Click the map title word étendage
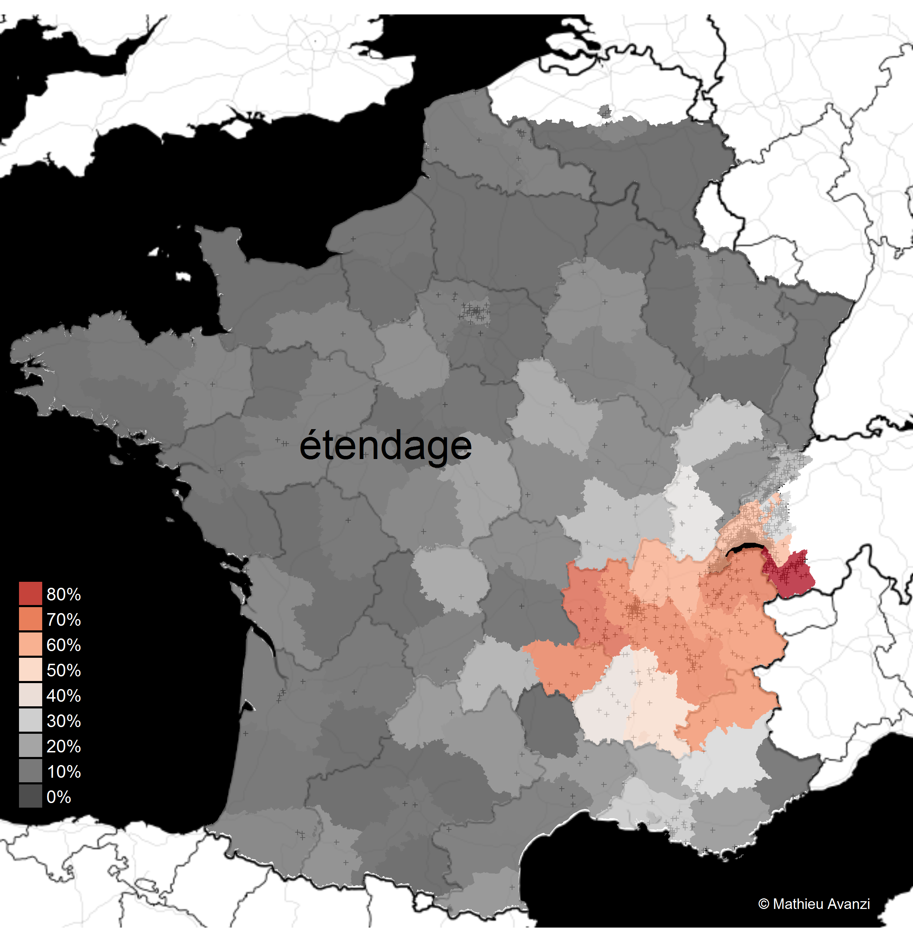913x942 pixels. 385,446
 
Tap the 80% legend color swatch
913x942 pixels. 30,593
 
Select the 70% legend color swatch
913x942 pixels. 30,619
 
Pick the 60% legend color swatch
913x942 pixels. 30,644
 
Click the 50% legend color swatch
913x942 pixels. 30,670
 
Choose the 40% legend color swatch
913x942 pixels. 30,695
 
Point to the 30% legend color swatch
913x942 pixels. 30,721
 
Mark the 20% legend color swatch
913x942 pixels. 30,746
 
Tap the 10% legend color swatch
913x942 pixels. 30,772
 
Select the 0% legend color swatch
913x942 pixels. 30,797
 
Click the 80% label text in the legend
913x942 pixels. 63,594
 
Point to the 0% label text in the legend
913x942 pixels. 59,797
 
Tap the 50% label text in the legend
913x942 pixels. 63,670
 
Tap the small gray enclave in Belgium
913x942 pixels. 606,112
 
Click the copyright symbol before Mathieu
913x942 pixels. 764,904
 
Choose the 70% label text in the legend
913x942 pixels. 63,620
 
